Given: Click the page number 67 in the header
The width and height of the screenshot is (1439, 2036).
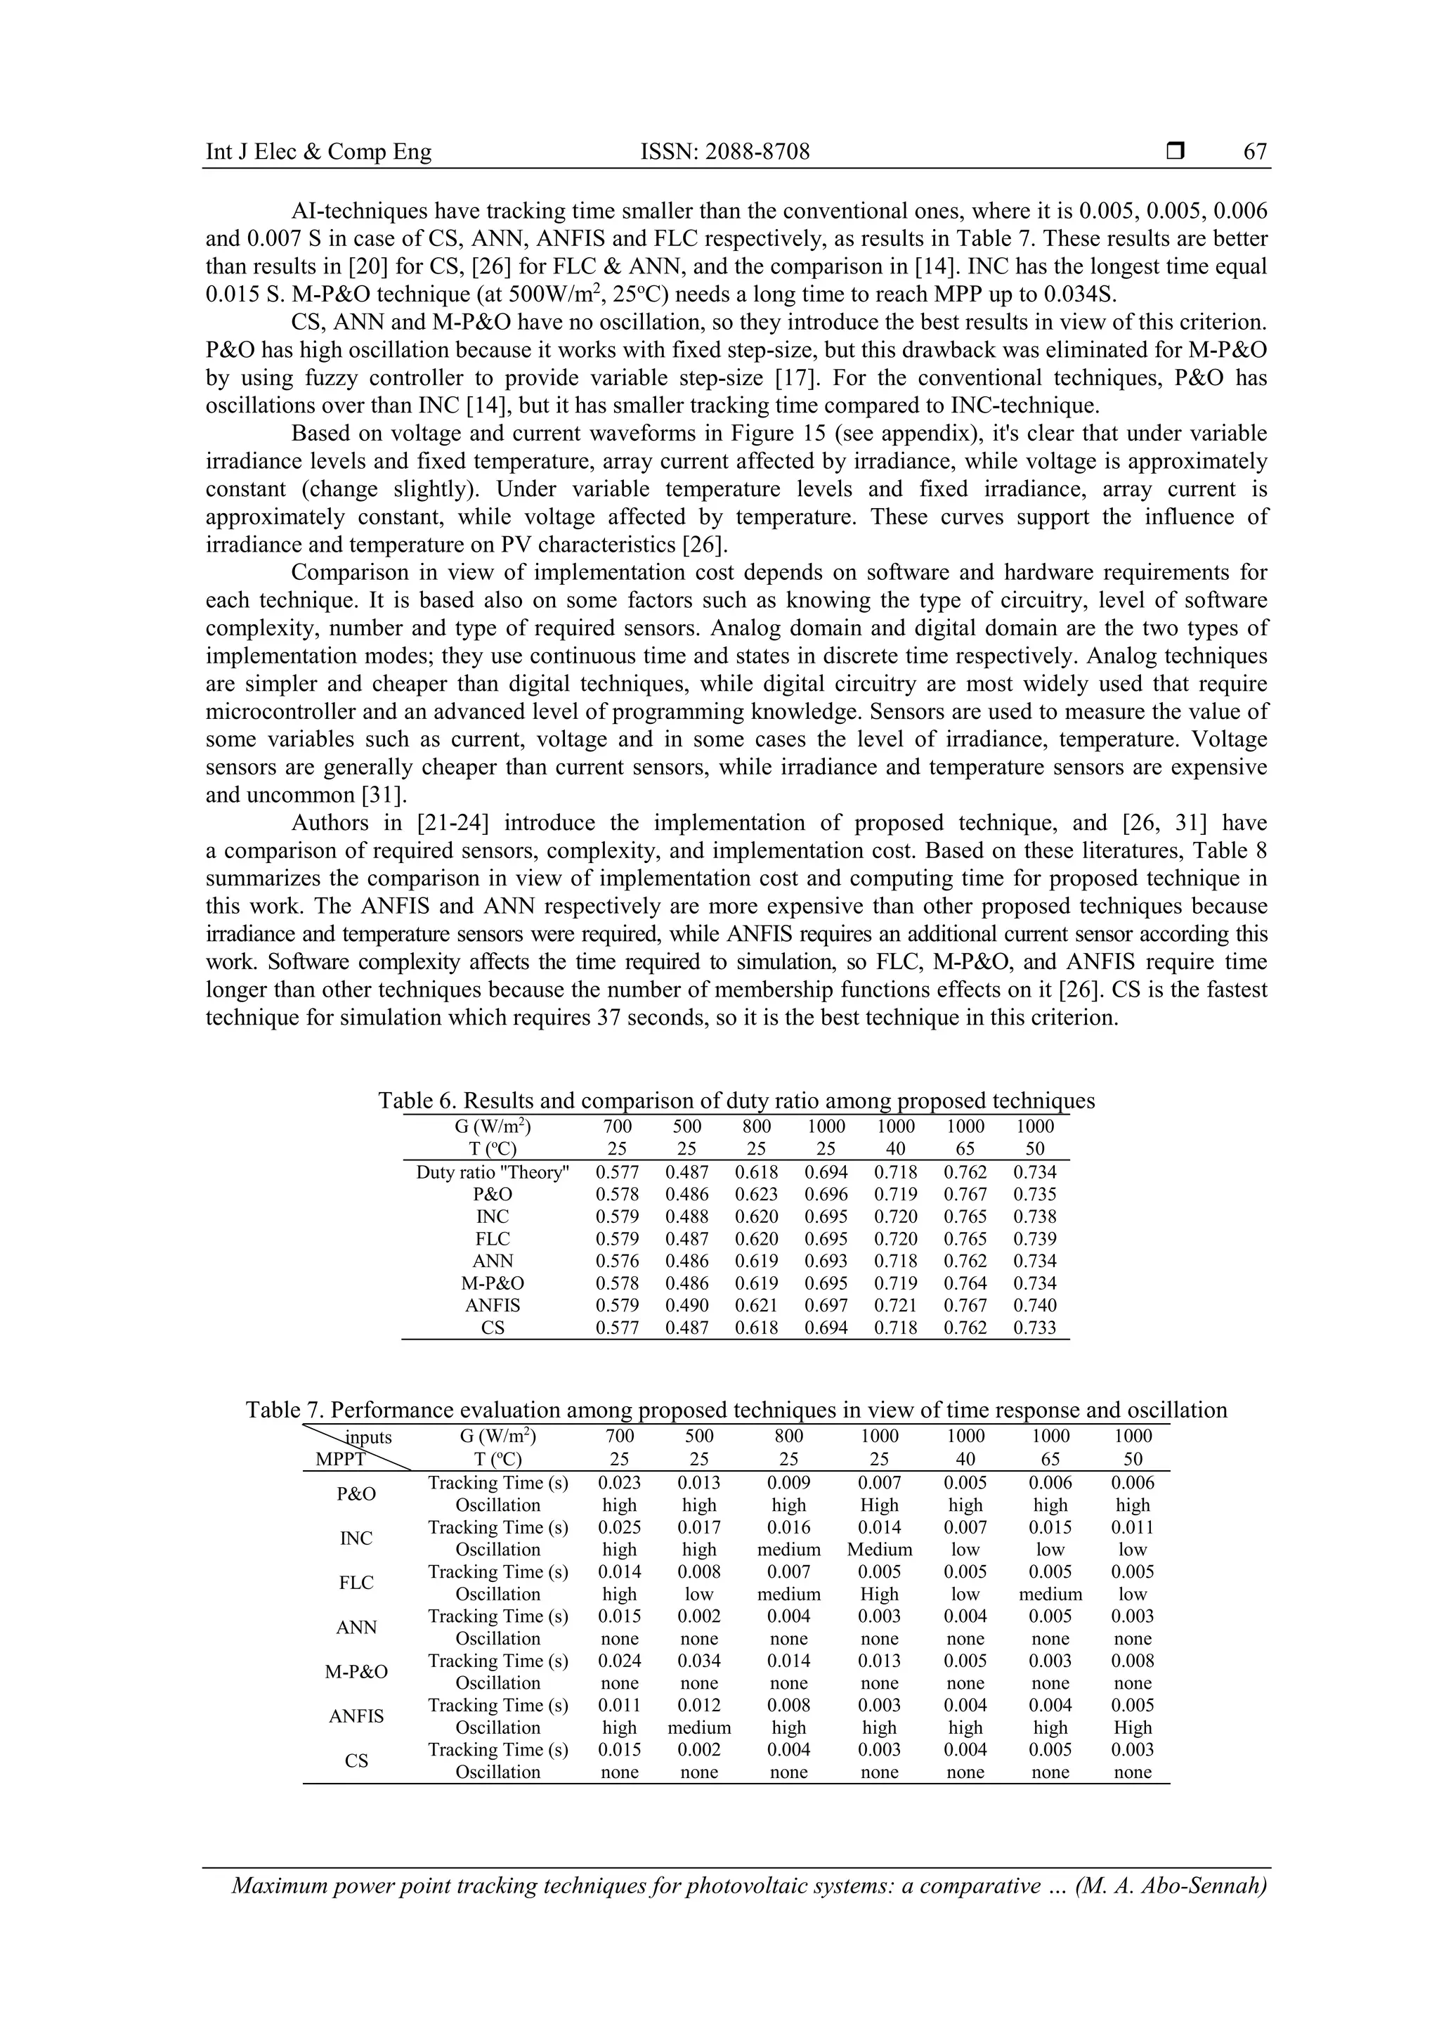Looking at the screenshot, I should [x=1255, y=152].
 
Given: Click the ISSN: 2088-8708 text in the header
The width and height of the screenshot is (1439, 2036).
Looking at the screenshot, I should [x=724, y=152].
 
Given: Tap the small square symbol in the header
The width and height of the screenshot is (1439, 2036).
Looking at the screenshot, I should [x=1176, y=152].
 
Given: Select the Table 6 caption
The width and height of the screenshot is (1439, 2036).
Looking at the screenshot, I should [x=736, y=1101].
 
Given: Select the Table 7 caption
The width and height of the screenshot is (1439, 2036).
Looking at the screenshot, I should [x=736, y=1410].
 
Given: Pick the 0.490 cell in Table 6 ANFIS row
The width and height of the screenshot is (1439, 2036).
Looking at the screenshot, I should [x=687, y=1305].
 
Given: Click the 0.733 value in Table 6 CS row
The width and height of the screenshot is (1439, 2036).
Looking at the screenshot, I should [x=1035, y=1328].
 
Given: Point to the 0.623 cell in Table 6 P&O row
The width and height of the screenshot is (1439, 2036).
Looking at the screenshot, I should [x=756, y=1195].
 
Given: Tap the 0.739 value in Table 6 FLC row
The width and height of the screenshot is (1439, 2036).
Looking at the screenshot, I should [x=1035, y=1239].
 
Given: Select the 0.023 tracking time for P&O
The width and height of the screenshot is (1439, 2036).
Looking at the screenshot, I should [x=619, y=1483].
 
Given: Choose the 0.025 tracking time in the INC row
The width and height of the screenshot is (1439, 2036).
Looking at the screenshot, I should [x=619, y=1527].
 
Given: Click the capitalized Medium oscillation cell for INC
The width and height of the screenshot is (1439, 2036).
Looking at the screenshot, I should [x=879, y=1549].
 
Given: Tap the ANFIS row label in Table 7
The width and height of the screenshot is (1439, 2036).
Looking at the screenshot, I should [x=356, y=1716].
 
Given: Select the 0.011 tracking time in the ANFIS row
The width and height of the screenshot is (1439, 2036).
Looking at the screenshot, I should [x=619, y=1705].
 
